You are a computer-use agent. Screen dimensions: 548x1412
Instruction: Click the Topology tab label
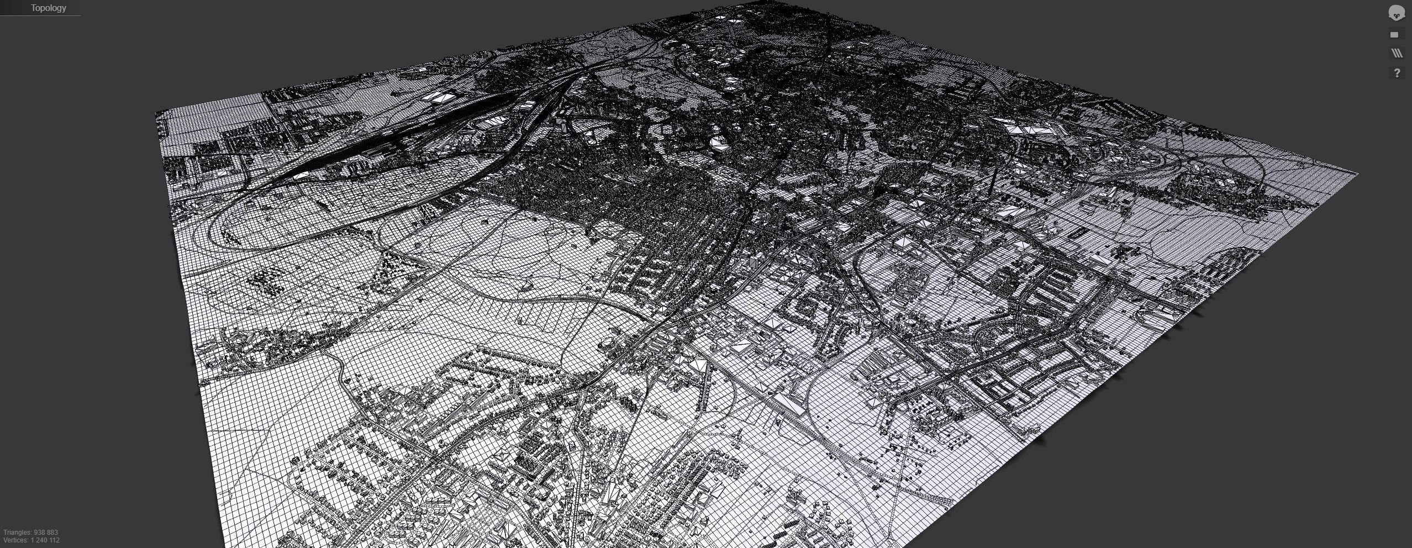48,8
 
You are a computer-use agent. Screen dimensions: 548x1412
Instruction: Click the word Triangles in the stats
17,533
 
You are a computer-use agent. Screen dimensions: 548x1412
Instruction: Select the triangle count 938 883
46,533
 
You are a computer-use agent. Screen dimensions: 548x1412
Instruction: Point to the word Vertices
15,540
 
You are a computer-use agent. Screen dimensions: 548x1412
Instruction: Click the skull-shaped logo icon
1396,13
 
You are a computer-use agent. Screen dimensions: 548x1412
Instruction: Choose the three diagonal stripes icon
1397,53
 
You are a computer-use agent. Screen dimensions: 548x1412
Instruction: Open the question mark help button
1397,73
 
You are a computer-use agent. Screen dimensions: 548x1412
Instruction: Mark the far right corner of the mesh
1357,174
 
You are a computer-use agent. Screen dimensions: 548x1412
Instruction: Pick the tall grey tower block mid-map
755,262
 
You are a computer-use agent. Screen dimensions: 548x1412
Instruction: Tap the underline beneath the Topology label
40,15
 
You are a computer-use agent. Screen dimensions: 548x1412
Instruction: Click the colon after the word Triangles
31,533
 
